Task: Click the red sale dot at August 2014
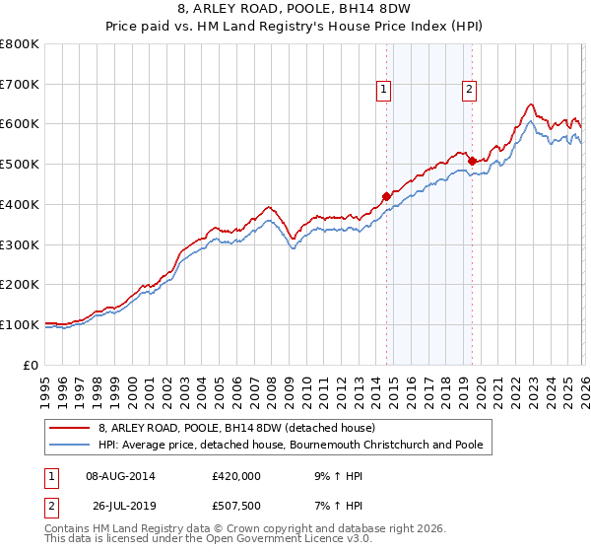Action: (386, 196)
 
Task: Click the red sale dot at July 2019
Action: (472, 161)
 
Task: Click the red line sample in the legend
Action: (71, 428)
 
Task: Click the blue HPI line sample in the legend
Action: (71, 446)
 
